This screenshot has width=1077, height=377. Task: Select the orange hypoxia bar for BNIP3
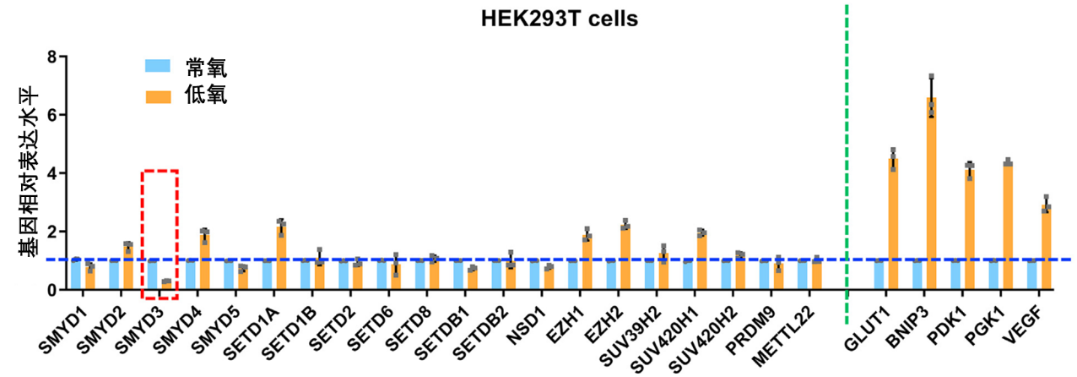point(931,194)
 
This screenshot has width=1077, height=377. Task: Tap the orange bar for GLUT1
point(892,225)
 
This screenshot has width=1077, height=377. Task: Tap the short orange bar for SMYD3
point(166,285)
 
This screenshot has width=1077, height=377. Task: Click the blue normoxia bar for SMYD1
point(76,275)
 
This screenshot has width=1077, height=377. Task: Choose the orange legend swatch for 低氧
point(159,96)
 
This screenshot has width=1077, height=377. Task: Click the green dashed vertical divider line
point(847,169)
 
